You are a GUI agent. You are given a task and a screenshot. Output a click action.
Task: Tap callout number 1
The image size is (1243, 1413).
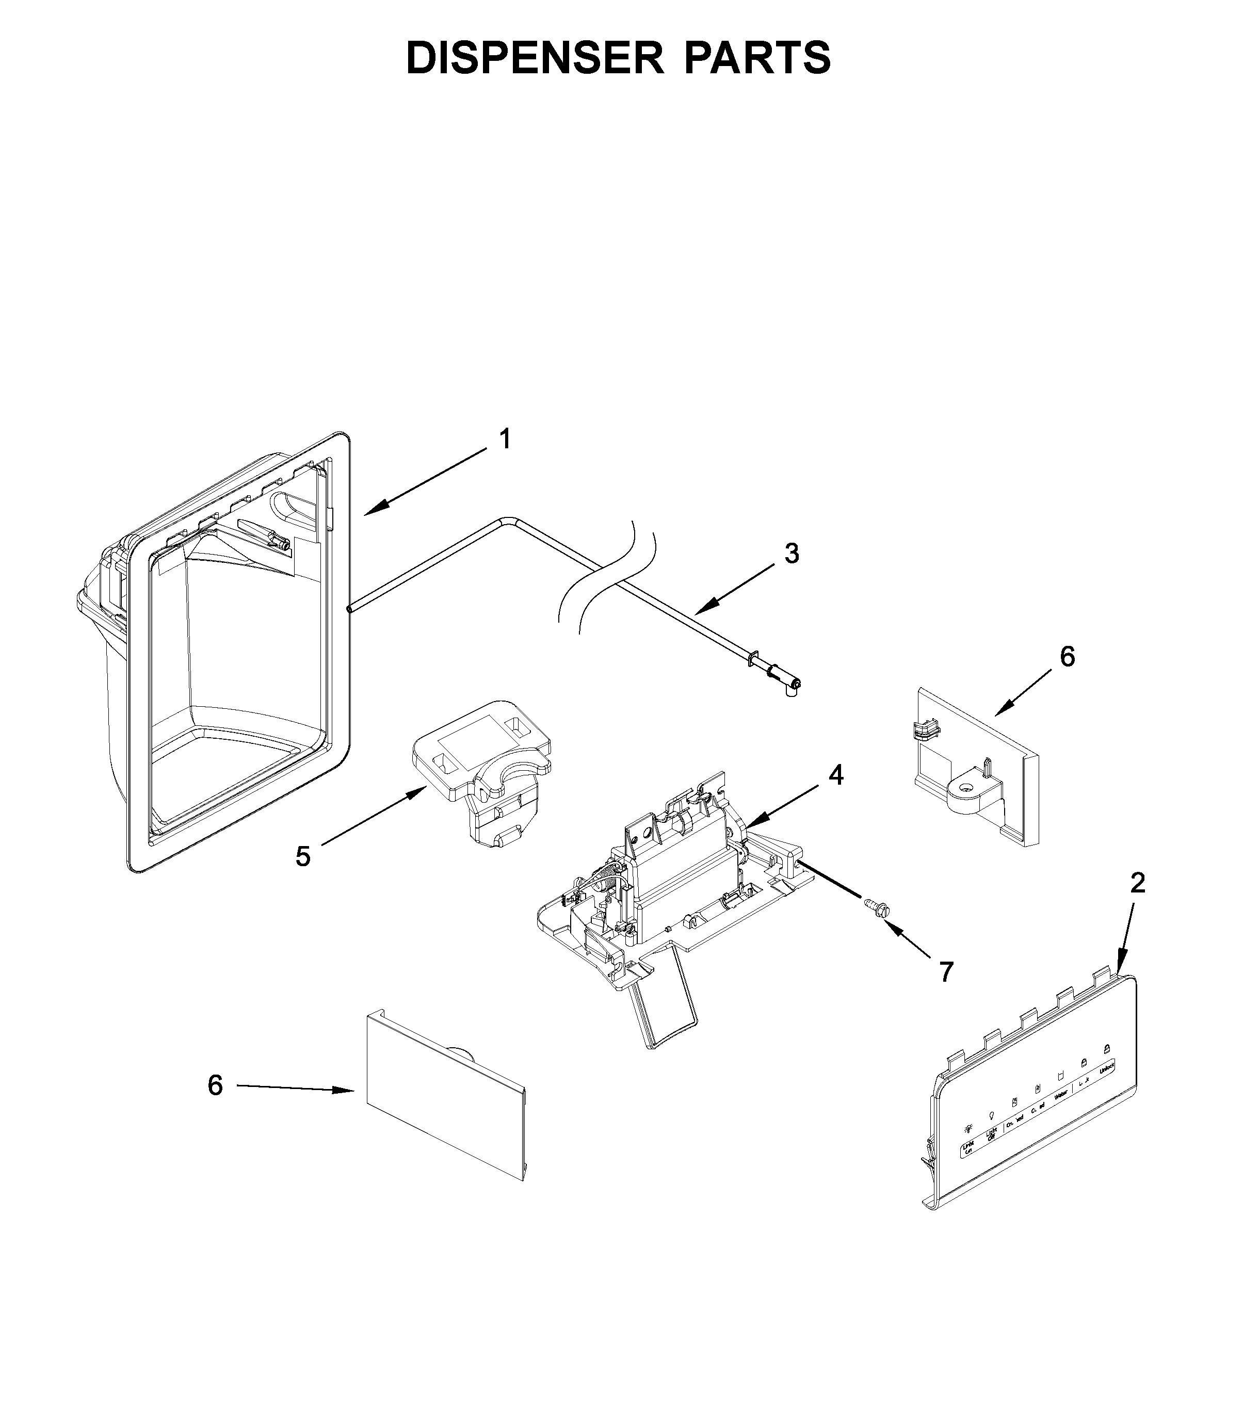tap(505, 439)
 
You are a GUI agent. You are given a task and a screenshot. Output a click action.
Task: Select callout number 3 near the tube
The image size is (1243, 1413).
tap(792, 553)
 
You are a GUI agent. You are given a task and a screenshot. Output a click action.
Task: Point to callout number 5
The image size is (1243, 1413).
tap(303, 856)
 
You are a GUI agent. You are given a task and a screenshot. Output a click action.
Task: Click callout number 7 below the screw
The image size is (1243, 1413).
tap(946, 972)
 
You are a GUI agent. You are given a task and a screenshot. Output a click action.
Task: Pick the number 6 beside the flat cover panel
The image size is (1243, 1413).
tap(215, 1085)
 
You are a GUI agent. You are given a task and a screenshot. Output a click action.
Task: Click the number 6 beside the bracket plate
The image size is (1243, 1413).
tap(1067, 657)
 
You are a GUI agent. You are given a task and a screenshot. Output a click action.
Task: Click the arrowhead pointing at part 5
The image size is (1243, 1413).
tap(418, 793)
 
